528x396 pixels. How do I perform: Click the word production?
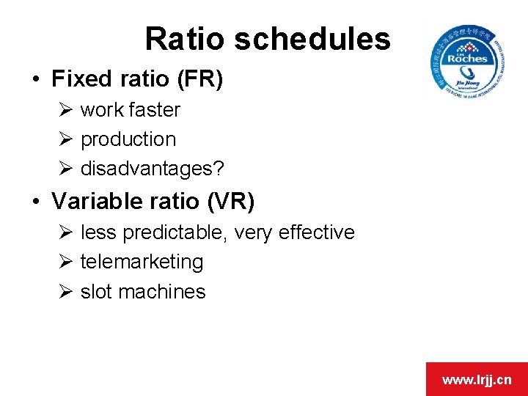pos(128,139)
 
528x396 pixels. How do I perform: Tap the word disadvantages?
pos(153,169)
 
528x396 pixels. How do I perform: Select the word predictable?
pos(176,232)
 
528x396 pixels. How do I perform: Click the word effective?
pos(315,232)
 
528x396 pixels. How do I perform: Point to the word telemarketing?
pos(142,262)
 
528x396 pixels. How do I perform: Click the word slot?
pos(96,291)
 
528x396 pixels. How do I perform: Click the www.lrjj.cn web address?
pos(477,380)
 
